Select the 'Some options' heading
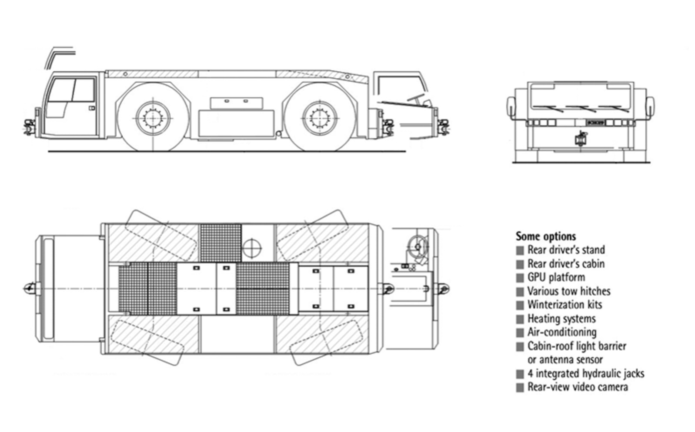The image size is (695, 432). click(546, 236)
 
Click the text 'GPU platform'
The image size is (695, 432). click(556, 277)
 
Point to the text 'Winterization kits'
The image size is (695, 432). click(565, 305)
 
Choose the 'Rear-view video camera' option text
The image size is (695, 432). click(578, 387)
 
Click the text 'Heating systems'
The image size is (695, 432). click(561, 319)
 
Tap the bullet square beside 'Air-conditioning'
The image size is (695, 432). click(520, 333)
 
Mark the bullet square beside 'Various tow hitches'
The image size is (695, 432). click(520, 292)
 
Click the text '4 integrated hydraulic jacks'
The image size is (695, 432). click(585, 373)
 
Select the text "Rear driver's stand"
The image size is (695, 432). click(566, 250)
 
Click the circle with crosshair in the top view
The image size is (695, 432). click(252, 248)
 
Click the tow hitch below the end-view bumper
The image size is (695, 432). click(579, 139)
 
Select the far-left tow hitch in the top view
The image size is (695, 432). click(30, 288)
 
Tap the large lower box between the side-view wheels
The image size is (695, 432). click(236, 124)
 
